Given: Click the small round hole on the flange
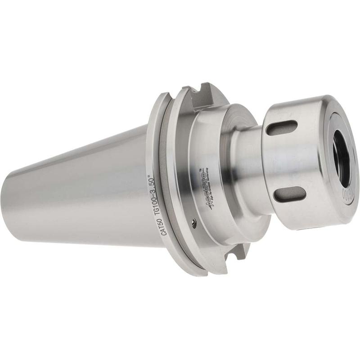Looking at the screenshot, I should point(193,221).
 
